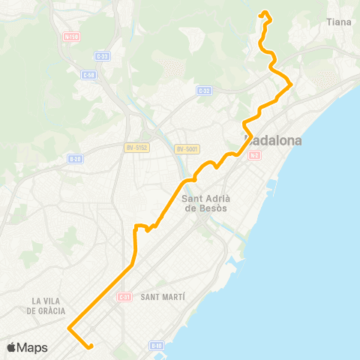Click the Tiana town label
[x=339, y=22]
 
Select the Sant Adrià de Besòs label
[x=205, y=202]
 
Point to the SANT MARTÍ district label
[x=162, y=297]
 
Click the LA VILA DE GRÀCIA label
[x=48, y=305]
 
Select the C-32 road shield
[x=203, y=90]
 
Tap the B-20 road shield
[x=74, y=159]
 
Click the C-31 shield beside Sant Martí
[x=124, y=297]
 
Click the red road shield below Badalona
[x=255, y=155]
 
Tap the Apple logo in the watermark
[x=13, y=347]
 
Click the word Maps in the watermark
[x=33, y=347]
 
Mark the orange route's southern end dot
[x=90, y=346]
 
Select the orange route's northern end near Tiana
[x=263, y=13]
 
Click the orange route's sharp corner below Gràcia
[x=69, y=328]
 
